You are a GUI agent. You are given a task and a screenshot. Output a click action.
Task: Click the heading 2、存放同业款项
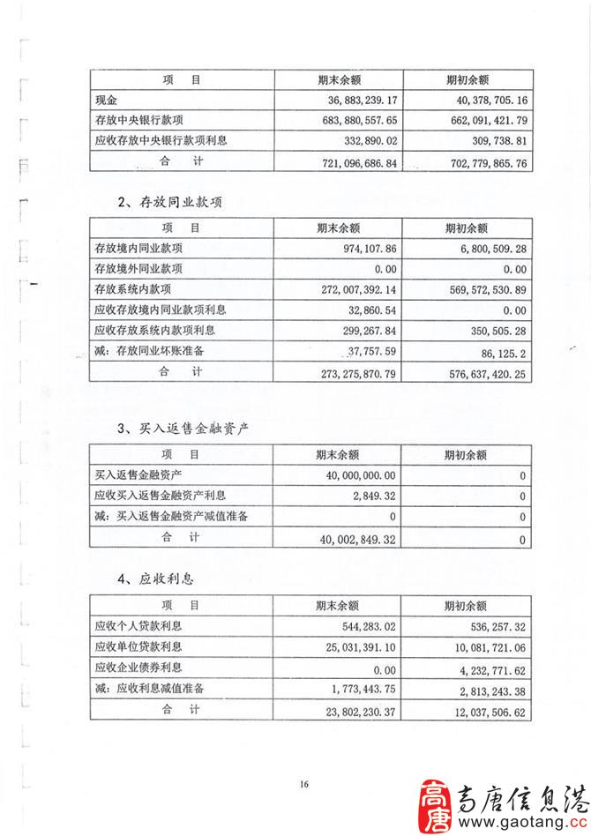(169, 203)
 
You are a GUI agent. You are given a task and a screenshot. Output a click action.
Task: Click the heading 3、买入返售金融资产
(183, 429)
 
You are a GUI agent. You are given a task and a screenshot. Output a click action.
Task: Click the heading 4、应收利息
(155, 579)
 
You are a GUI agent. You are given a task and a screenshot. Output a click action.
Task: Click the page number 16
(305, 785)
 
